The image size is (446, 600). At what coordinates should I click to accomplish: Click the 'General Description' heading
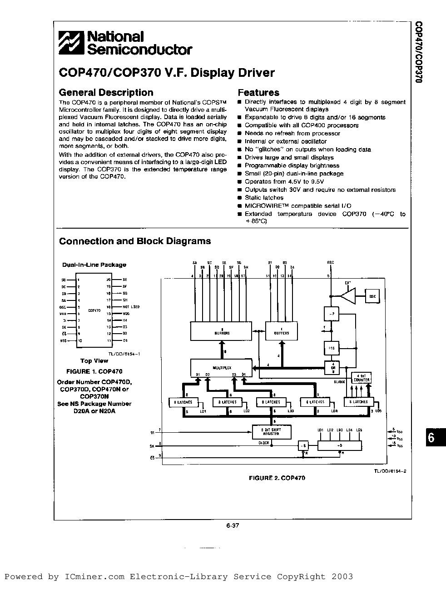[106, 93]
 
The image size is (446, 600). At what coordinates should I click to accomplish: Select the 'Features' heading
[258, 93]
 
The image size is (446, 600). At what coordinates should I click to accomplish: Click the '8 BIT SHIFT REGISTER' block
[272, 432]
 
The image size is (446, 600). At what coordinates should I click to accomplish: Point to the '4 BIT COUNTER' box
[362, 377]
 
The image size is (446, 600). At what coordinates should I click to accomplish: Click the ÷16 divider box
[331, 348]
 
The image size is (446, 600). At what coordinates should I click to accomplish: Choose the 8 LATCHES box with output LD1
[183, 402]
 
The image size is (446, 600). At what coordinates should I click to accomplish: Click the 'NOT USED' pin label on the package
[130, 307]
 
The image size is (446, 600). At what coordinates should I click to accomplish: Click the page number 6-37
[233, 526]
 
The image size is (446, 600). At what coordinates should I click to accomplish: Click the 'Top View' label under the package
[94, 361]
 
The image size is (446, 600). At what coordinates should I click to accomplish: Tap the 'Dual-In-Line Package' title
[94, 265]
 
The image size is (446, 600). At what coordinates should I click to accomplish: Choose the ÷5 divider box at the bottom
[340, 446]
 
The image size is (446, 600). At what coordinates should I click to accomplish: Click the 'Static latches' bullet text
[264, 198]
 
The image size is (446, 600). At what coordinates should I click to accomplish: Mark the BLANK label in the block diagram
[339, 382]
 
